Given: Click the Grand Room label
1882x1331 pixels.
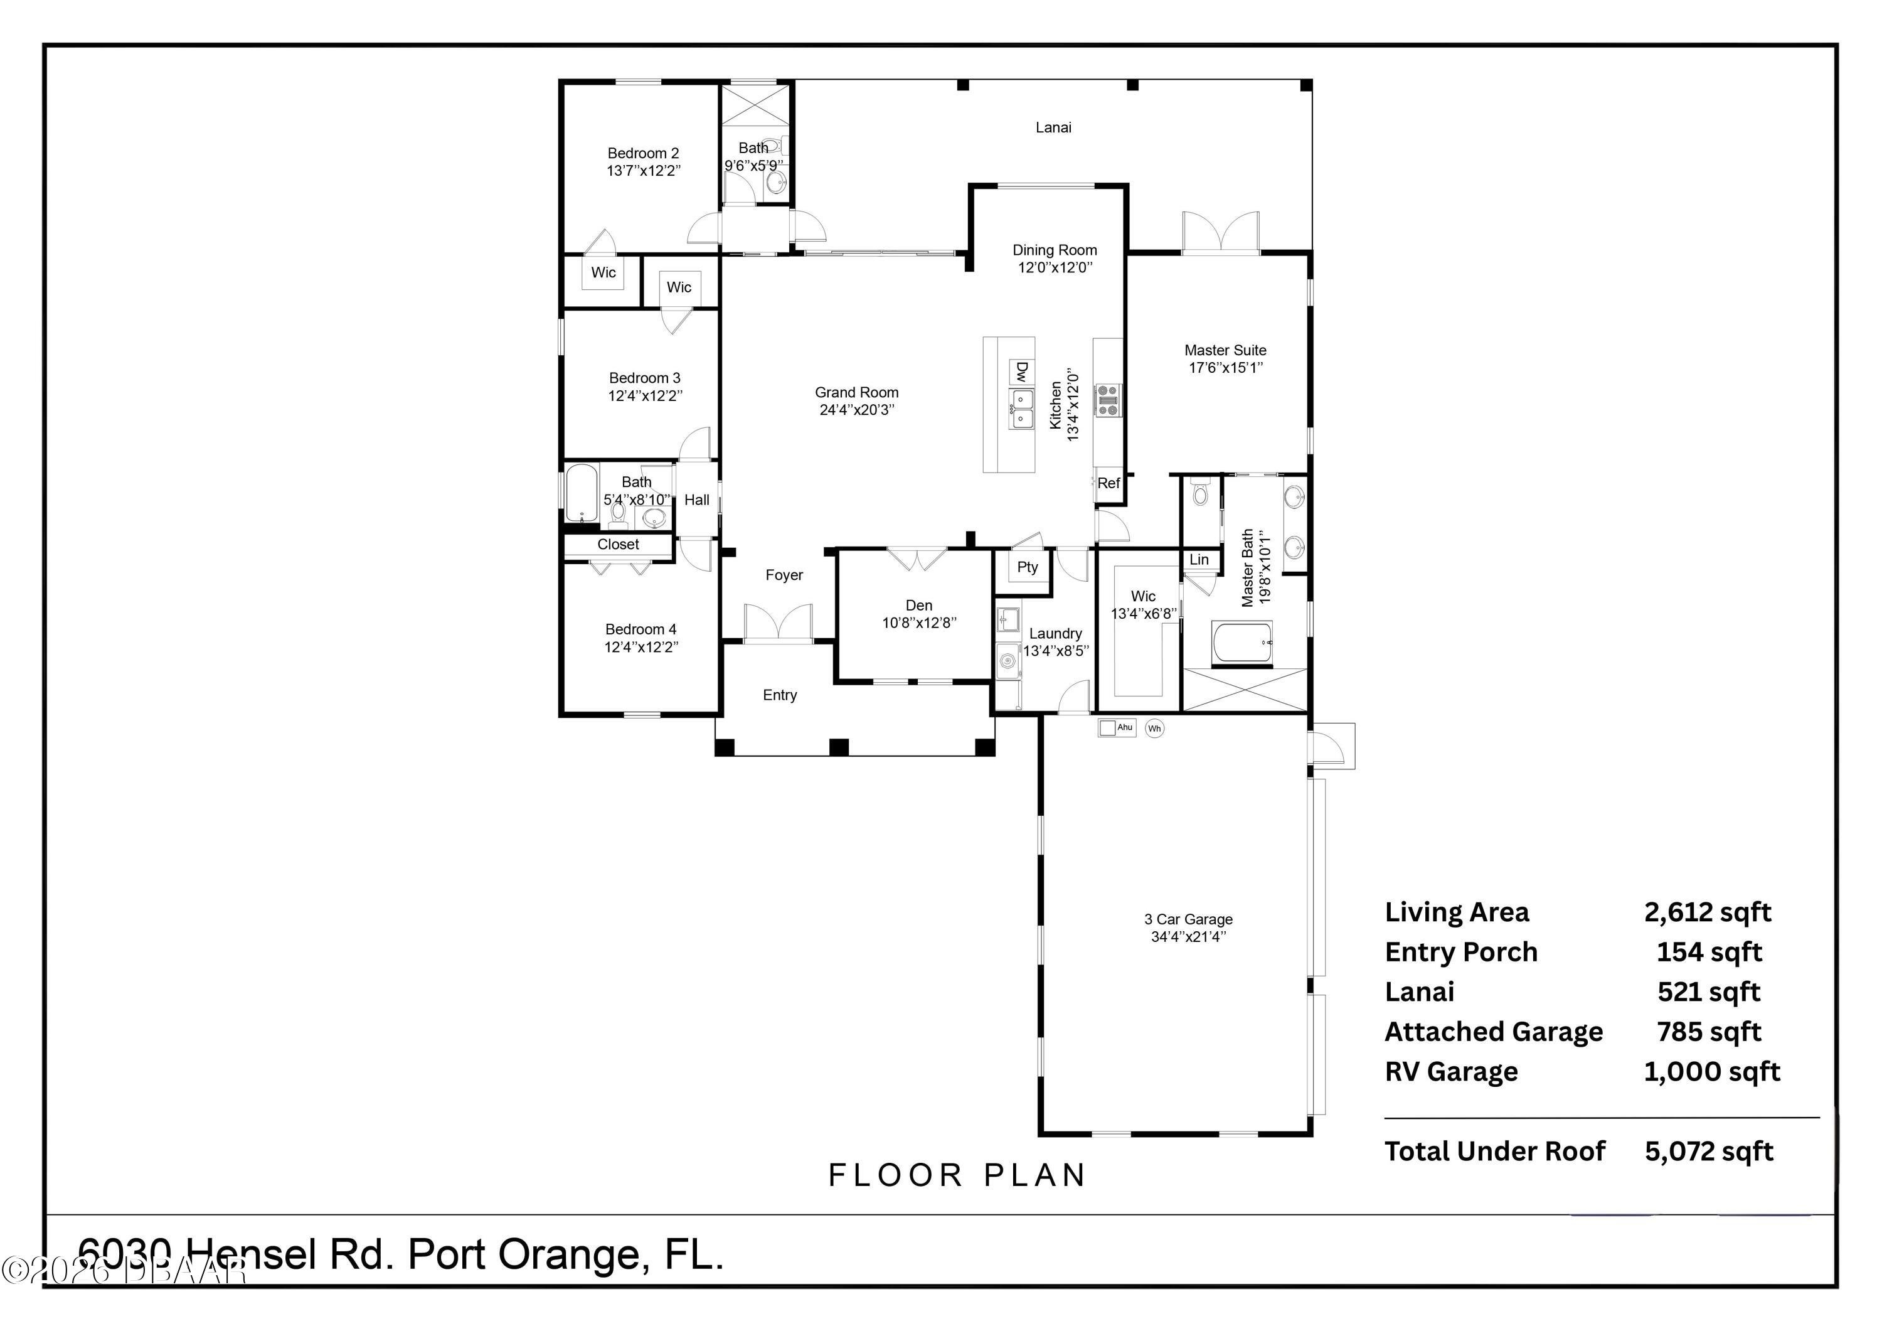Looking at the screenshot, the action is click(x=856, y=393).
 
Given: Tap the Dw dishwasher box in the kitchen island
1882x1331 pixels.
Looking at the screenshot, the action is click(x=1021, y=372).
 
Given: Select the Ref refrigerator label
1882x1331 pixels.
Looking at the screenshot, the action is click(x=1108, y=484).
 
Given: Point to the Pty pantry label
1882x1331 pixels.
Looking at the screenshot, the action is click(x=1027, y=567).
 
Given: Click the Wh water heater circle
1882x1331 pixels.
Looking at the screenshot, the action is click(x=1154, y=728).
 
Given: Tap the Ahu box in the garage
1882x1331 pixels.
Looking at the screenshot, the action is click(x=1117, y=727).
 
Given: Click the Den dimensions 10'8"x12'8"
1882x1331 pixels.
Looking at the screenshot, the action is click(x=919, y=623).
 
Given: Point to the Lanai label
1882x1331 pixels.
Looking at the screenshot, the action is click(x=1053, y=127).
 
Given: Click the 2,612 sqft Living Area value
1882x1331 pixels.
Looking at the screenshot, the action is click(x=1708, y=912).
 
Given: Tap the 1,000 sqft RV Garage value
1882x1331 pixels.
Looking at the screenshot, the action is click(x=1711, y=1071).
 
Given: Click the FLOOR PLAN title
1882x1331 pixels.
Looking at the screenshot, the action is click(x=957, y=1175).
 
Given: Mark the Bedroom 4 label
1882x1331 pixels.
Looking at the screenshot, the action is click(x=641, y=629).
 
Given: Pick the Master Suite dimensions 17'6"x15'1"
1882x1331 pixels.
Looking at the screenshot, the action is click(x=1225, y=367).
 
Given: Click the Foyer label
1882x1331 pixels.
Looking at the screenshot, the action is click(x=784, y=575).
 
